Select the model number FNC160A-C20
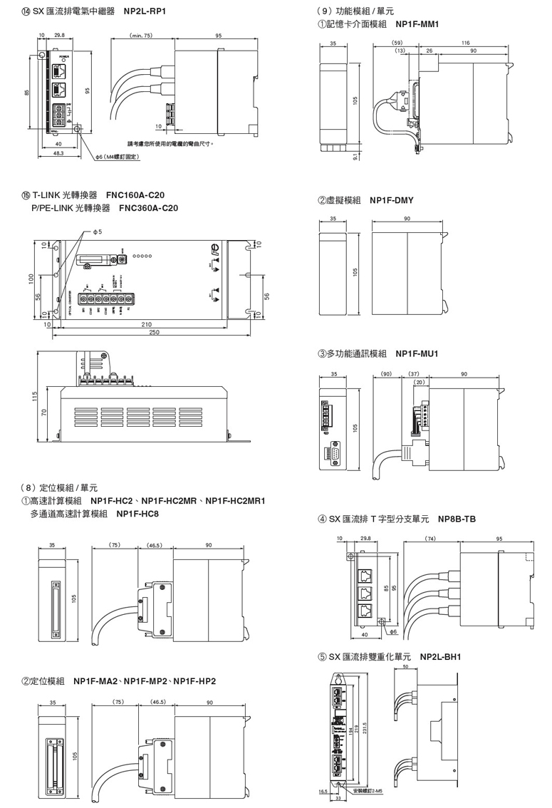(135, 195)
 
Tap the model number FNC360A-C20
(149, 208)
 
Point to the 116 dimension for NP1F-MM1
(465, 43)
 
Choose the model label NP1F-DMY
(392, 201)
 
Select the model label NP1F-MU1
(417, 353)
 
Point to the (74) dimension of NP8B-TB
(430, 539)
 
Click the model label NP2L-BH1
(441, 657)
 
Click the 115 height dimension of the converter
(35, 395)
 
